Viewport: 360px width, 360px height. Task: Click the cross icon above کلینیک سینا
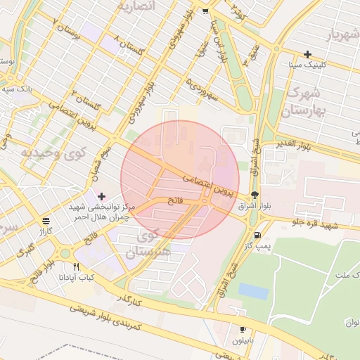tap(307, 54)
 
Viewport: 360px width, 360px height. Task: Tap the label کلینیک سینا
tap(307, 65)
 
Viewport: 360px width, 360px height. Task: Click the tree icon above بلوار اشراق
tap(254, 195)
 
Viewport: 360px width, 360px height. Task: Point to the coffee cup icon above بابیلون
tap(243, 329)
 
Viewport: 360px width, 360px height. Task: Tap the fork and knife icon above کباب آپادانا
tap(77, 267)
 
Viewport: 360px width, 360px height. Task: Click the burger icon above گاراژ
tap(46, 219)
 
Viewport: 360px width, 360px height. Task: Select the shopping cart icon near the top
tap(205, 11)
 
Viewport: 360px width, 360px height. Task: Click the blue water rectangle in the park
tap(253, 291)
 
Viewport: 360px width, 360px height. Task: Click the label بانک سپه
tap(15, 89)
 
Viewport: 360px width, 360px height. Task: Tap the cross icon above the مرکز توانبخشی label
tap(102, 195)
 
